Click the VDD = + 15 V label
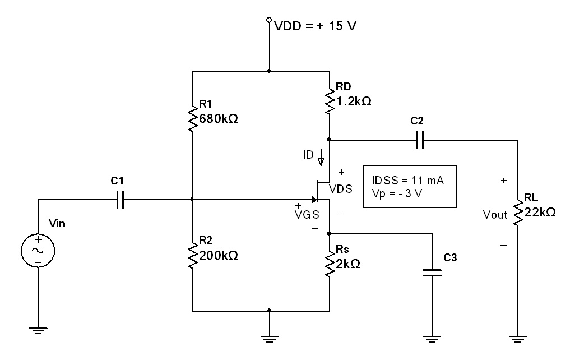click(315, 26)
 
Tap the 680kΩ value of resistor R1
click(219, 119)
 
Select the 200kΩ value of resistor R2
click(219, 256)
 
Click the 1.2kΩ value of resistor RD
click(354, 102)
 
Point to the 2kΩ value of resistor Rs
click(348, 264)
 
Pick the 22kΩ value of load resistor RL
click(540, 213)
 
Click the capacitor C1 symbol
click(119, 199)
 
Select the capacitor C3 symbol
click(432, 273)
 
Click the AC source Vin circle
click(38, 250)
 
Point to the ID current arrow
click(321, 158)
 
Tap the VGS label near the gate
click(307, 214)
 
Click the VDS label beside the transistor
click(341, 189)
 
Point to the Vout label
click(495, 215)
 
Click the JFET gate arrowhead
click(315, 200)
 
